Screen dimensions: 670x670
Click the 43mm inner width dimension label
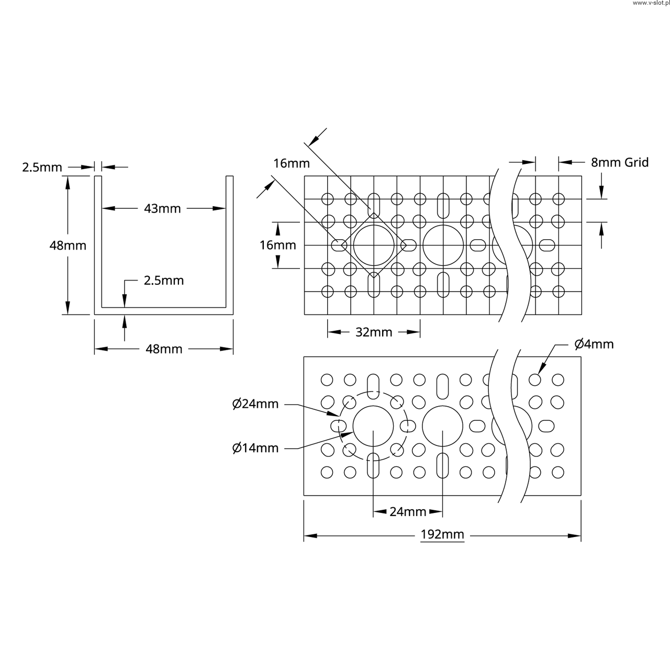pos(162,209)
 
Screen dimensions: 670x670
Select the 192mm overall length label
pos(442,535)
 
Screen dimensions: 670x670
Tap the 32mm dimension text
pos(374,332)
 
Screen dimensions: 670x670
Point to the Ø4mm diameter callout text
pos(594,344)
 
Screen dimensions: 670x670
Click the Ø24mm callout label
pos(255,404)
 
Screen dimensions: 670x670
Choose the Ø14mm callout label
pos(255,448)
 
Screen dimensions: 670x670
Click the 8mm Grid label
pos(620,162)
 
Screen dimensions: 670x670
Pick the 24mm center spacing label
pos(408,512)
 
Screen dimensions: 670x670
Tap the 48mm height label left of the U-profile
pos(68,245)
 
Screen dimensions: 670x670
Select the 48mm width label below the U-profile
pos(163,349)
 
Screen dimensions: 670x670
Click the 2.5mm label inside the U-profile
pos(164,281)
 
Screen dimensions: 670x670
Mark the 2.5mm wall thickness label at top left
pos(42,167)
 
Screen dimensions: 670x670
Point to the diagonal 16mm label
pos(292,163)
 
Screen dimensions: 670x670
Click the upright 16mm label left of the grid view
pos(278,245)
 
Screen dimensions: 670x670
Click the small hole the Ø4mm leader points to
pos(535,379)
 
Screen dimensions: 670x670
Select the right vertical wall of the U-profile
pos(229,243)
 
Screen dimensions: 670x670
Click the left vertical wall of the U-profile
pos(98,243)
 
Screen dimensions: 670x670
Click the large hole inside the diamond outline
pos(373,245)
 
